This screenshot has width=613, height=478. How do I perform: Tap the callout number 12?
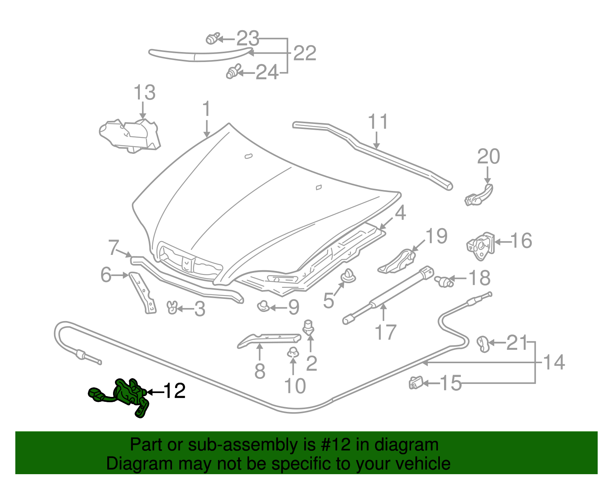point(175,391)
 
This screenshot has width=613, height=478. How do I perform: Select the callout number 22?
point(305,53)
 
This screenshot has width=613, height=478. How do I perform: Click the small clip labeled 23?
point(212,39)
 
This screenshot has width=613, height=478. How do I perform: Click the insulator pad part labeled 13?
point(130,135)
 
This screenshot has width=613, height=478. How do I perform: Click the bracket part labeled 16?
point(480,246)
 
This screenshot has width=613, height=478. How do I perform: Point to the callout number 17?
point(385,332)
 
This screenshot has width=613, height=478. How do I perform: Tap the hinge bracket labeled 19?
point(398,262)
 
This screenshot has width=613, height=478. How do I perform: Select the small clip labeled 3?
point(172,307)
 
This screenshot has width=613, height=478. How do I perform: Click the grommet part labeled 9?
point(263,306)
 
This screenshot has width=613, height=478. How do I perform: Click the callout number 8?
point(260,371)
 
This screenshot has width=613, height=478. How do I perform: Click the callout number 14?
point(554,362)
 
